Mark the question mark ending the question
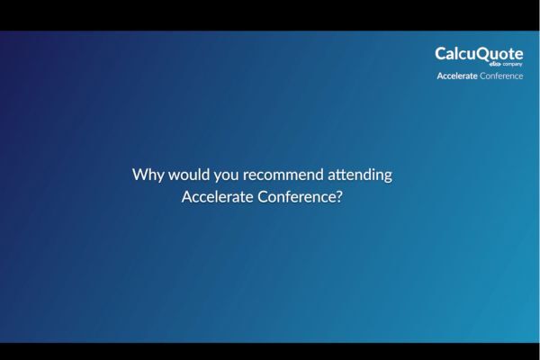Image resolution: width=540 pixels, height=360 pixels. [339, 198]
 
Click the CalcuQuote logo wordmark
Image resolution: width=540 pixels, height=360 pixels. [479, 54]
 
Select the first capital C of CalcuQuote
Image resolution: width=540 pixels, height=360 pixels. [441, 54]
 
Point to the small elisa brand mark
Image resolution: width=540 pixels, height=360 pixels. [494, 65]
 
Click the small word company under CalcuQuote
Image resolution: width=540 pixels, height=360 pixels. [512, 65]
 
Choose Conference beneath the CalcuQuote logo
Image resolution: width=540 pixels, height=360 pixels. [501, 76]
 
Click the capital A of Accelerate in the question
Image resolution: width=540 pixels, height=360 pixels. [187, 198]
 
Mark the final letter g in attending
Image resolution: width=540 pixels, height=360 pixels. [387, 176]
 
